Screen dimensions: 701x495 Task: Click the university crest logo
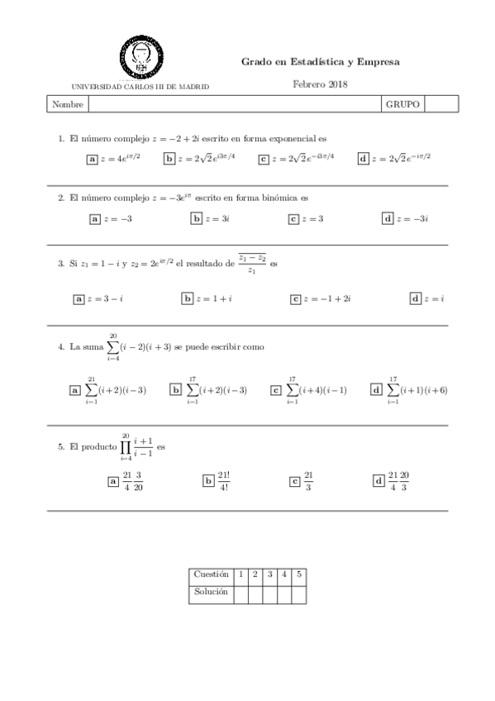click(x=140, y=55)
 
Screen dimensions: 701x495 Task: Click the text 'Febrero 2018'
click(x=320, y=83)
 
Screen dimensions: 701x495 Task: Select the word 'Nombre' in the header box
click(x=68, y=105)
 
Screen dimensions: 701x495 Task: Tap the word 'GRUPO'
click(x=402, y=105)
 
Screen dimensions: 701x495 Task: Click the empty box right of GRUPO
click(x=440, y=105)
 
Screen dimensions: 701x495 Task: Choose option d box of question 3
click(x=415, y=298)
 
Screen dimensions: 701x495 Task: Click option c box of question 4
click(x=275, y=389)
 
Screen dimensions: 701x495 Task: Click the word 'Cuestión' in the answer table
click(x=211, y=574)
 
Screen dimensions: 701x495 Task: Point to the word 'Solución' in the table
click(x=211, y=592)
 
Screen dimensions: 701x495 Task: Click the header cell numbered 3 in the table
click(x=269, y=574)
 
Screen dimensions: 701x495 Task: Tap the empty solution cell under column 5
click(x=298, y=592)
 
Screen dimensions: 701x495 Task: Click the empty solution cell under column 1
click(x=240, y=592)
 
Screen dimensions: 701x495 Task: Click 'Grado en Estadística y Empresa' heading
click(x=320, y=62)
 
